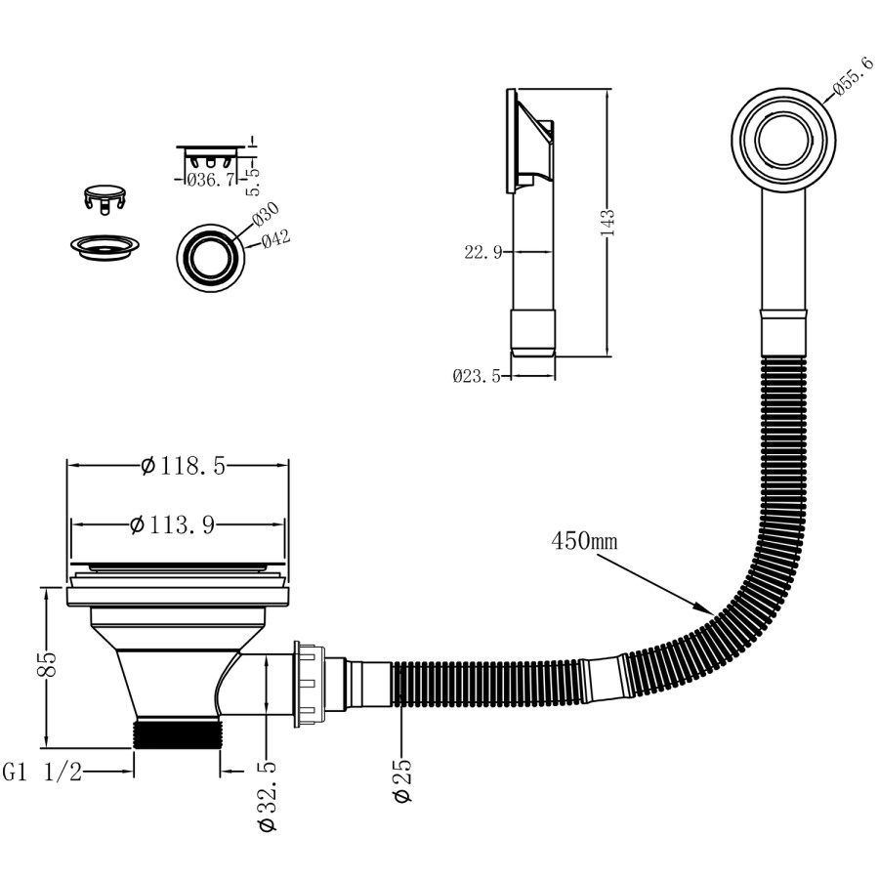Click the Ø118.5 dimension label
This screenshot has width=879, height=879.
pos(183,467)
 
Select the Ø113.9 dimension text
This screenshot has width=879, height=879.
pos(172,525)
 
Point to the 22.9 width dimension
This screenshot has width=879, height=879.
pos(483,253)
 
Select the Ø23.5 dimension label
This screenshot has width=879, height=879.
pos(476,376)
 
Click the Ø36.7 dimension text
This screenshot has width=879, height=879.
pos(210,179)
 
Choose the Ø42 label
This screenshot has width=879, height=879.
pos(276,237)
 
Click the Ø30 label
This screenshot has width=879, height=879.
pos(266,214)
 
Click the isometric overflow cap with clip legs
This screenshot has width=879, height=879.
pos(105,194)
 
